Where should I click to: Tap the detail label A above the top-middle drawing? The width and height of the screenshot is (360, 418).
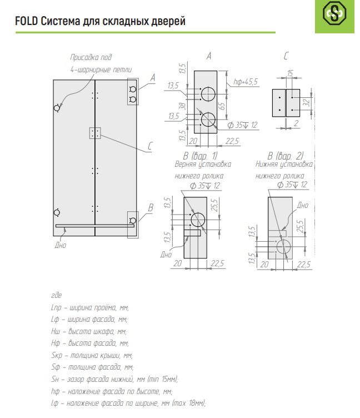click(x=209, y=56)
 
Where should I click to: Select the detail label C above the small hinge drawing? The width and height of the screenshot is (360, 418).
click(x=286, y=56)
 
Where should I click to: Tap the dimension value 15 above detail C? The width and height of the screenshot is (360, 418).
click(x=291, y=73)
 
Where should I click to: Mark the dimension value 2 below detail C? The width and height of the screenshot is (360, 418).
click(x=297, y=122)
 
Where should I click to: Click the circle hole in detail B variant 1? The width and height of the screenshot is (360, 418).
click(x=198, y=218)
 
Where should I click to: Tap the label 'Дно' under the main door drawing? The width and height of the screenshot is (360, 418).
click(x=60, y=245)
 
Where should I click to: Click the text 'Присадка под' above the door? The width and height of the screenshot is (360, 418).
click(x=91, y=57)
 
